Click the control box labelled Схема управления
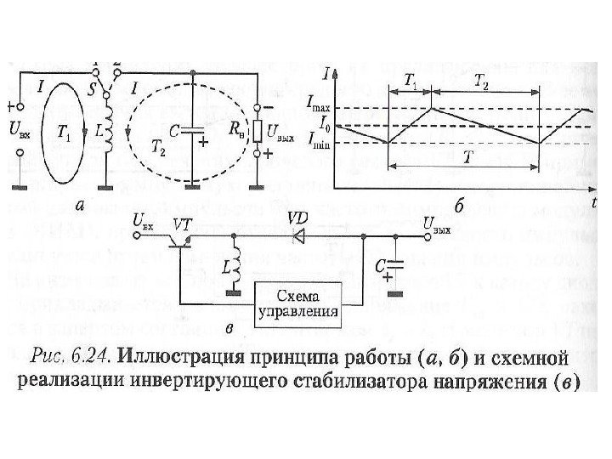point(301,301)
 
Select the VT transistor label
point(182,223)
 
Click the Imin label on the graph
point(317,144)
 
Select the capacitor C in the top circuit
point(194,133)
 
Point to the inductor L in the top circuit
point(108,133)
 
